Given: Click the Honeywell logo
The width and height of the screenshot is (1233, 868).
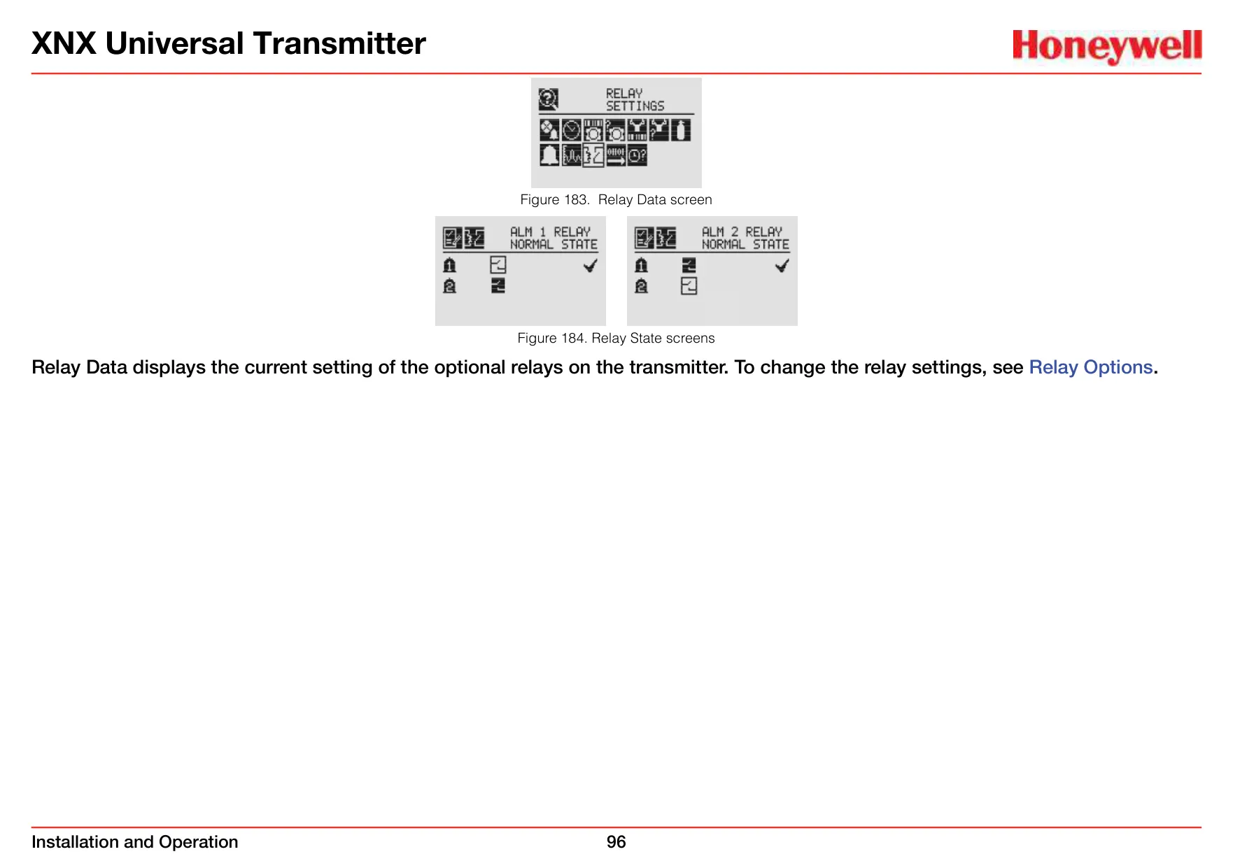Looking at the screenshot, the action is coord(1107,46).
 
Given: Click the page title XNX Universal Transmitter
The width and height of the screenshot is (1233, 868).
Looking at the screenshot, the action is coord(229,43).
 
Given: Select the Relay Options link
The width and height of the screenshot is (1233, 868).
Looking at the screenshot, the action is coord(1090,367).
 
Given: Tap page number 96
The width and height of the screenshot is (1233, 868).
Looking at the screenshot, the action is coord(616,841).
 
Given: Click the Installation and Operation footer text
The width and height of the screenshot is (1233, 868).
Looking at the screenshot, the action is coord(135,841).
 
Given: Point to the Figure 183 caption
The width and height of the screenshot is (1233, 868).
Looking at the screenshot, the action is coord(616,199).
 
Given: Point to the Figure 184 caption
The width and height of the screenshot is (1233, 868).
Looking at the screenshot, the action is coord(616,338).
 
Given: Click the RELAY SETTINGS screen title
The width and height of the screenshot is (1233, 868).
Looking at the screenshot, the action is coord(635,99).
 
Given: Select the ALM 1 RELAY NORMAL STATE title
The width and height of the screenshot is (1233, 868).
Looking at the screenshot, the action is coord(554,238).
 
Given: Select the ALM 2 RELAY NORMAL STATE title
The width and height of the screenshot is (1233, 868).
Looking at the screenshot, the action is coord(745,238).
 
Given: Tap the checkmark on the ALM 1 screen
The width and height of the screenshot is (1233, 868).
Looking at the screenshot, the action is coord(590,266).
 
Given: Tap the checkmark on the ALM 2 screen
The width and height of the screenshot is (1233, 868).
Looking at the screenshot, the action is coord(782,266).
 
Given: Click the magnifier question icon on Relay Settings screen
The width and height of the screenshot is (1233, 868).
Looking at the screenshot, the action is coord(549,99).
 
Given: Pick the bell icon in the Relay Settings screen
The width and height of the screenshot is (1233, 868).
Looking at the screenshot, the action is coord(549,155).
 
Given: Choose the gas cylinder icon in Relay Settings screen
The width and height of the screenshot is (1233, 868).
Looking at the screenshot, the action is coord(681,130).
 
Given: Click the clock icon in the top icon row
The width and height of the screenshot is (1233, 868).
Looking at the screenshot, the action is coord(571,130).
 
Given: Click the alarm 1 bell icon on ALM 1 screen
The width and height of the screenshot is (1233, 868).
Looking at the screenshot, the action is coord(449,265).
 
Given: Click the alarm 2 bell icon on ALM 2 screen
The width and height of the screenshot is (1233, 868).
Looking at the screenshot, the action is coord(641,286).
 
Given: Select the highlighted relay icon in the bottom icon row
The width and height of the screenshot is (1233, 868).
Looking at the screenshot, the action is coord(593,155).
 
